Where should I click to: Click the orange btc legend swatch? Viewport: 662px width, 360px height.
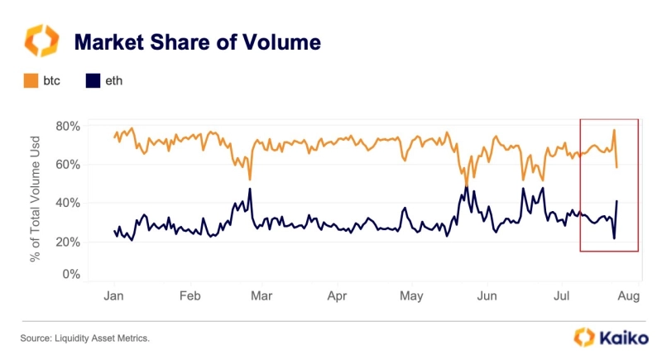(x=31, y=81)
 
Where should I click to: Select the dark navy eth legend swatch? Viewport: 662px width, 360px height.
(x=94, y=81)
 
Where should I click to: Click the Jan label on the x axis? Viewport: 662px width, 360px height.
(x=115, y=295)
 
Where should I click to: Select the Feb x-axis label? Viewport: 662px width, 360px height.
(x=190, y=295)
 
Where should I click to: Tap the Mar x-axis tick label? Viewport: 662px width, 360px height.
(x=262, y=295)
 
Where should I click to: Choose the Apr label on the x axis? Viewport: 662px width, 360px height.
(x=337, y=295)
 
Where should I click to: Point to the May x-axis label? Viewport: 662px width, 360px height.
(x=411, y=295)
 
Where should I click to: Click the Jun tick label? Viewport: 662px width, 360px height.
(x=487, y=295)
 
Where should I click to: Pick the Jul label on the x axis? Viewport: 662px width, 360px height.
(x=561, y=295)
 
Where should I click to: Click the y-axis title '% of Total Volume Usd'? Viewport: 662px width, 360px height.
(x=36, y=201)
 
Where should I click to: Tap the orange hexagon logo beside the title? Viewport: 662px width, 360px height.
(x=41, y=41)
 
